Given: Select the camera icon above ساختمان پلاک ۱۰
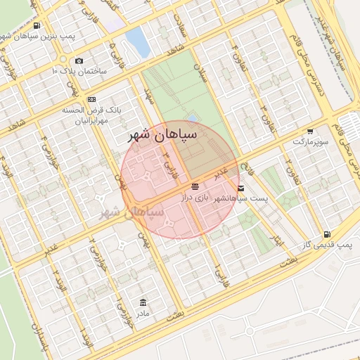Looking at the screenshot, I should point(79,61).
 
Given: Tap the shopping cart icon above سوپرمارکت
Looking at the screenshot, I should point(310,131).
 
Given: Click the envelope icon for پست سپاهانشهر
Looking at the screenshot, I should point(241,188).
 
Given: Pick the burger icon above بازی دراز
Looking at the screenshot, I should point(195,187).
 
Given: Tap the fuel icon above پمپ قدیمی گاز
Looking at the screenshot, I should point(326,233).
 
